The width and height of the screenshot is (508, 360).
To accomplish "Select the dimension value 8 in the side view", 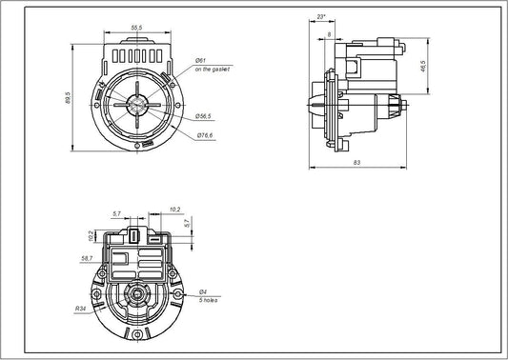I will (330, 34).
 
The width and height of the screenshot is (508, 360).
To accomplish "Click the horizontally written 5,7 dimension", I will (116, 214).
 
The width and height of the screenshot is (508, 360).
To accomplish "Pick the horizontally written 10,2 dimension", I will (174, 209).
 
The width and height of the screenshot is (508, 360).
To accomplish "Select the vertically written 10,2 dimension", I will (91, 234).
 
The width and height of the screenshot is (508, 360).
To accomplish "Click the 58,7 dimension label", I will (88, 257).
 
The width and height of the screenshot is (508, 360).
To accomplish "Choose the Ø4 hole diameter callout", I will (202, 291).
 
